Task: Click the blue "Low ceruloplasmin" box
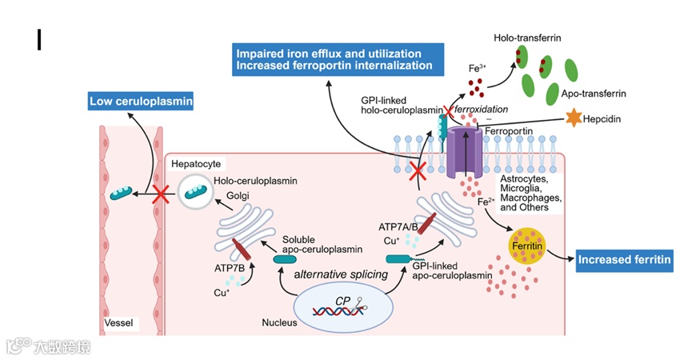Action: pyautogui.click(x=141, y=102)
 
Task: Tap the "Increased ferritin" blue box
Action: pyautogui.click(x=625, y=259)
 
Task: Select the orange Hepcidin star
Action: pyautogui.click(x=573, y=118)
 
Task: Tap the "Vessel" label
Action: pyautogui.click(x=118, y=323)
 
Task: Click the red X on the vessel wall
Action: pyautogui.click(x=161, y=193)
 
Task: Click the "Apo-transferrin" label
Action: pyautogui.click(x=594, y=94)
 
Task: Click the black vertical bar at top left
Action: pyautogui.click(x=38, y=38)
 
